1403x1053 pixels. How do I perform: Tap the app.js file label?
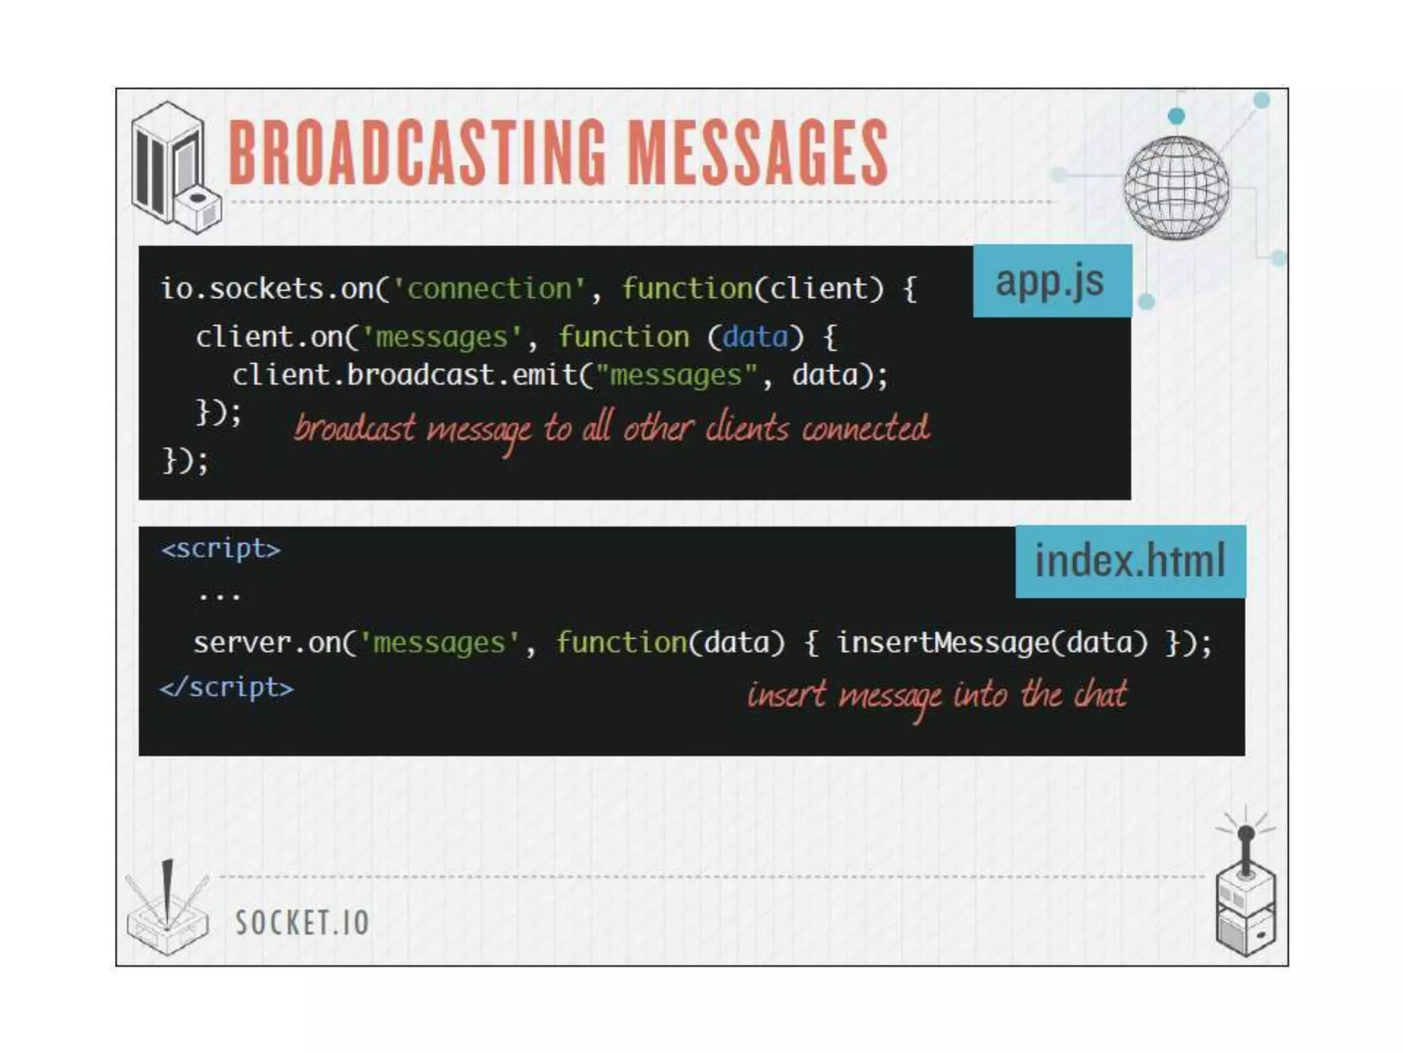coord(1050,281)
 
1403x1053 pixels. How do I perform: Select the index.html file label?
coord(1130,561)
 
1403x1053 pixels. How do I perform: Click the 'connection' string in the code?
coord(489,289)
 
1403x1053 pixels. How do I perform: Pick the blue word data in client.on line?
coord(755,337)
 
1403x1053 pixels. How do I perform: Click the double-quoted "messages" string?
coord(676,376)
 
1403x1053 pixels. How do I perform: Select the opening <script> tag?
coord(221,549)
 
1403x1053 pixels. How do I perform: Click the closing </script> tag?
coord(227,688)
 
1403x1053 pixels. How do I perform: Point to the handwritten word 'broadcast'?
coord(354,429)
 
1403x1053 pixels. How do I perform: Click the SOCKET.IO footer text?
coord(302,923)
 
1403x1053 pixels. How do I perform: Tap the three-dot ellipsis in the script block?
coord(219,596)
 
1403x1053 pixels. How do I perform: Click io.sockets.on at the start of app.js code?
coord(267,289)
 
